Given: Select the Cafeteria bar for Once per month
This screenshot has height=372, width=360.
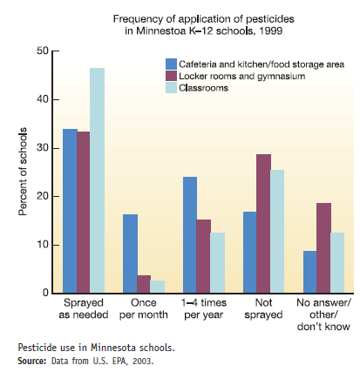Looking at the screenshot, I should (130, 254).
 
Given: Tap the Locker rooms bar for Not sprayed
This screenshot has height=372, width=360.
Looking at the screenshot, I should (263, 223).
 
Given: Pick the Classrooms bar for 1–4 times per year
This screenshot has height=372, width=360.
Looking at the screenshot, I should (217, 262).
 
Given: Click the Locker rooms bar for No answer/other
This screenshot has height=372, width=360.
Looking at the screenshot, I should (323, 247).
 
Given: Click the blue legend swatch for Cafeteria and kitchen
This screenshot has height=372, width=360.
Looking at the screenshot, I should (172, 64).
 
